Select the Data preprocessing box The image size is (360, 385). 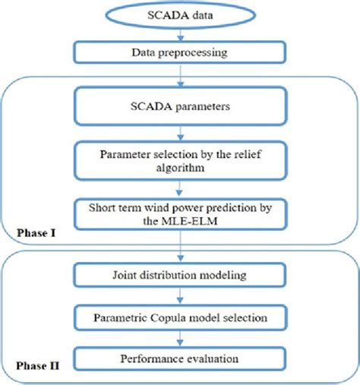(x=180, y=53)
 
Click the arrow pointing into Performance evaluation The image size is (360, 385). (x=180, y=336)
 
